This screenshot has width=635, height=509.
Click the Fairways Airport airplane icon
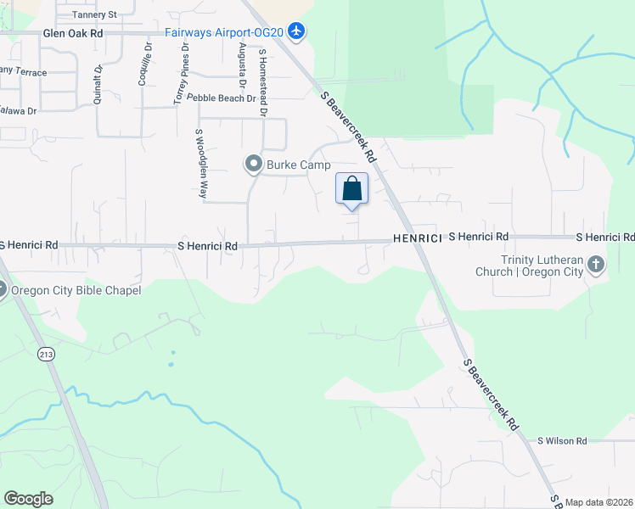tap(296, 31)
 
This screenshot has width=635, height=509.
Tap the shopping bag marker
tap(352, 188)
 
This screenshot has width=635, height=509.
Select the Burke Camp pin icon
tap(253, 164)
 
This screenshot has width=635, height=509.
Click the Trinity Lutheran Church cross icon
tap(596, 265)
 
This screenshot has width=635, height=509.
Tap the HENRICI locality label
tap(417, 239)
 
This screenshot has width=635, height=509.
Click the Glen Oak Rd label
tap(72, 33)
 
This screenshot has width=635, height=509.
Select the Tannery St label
tap(93, 14)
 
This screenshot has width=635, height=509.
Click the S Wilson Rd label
tap(562, 441)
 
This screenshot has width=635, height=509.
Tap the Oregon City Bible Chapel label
tap(76, 290)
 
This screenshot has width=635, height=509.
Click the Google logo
tap(29, 499)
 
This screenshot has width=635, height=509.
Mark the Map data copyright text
tap(598, 502)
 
